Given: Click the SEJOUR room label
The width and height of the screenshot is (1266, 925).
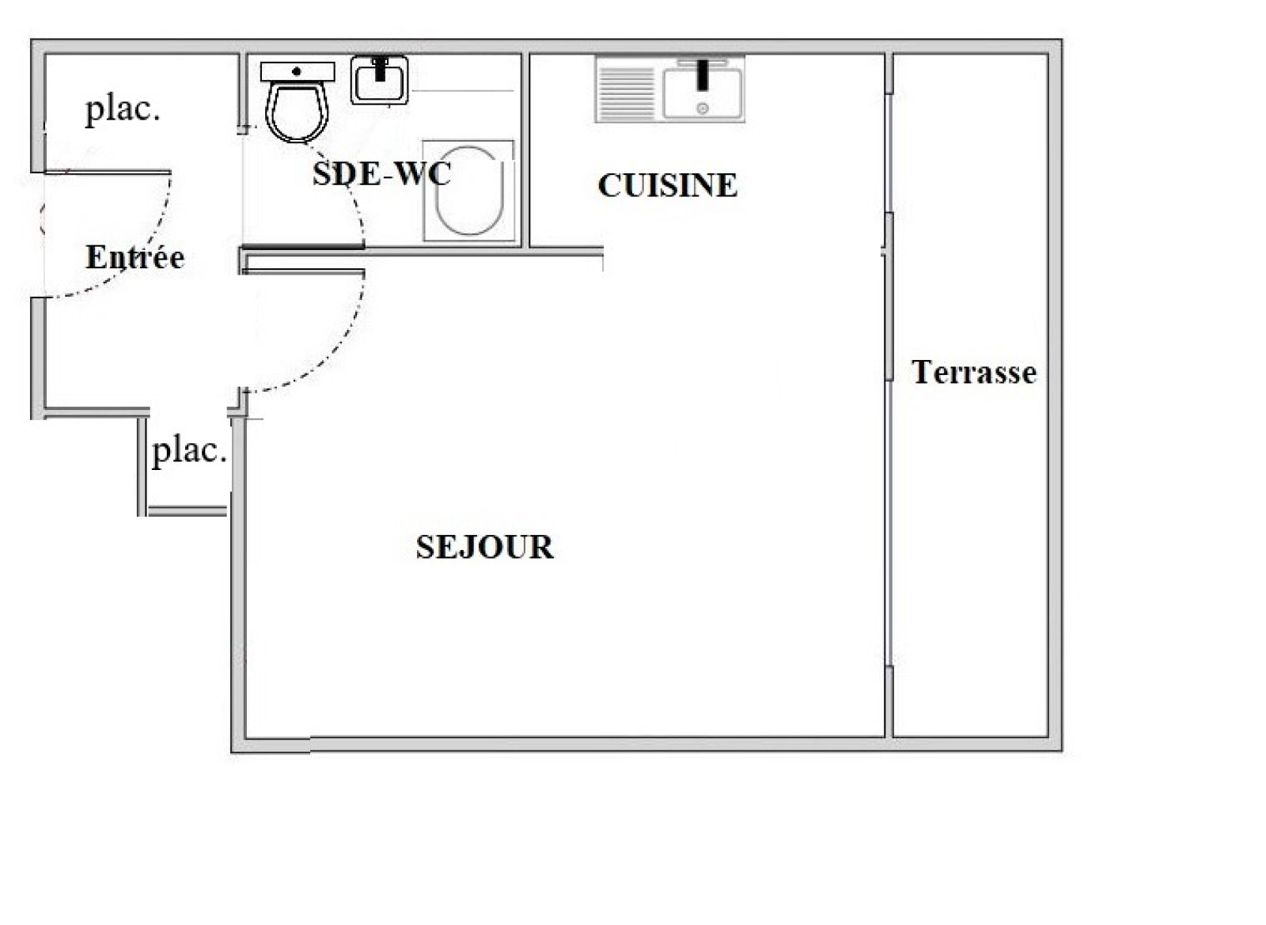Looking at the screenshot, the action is (485, 547).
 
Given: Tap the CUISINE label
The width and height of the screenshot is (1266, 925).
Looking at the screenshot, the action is (668, 185).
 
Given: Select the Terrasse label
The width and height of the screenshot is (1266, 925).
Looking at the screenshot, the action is (974, 373).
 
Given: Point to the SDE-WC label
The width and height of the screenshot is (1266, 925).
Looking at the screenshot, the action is (381, 173).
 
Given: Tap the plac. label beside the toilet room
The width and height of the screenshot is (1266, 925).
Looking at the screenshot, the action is (123, 110).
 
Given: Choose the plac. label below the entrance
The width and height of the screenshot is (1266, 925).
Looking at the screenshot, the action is (190, 452).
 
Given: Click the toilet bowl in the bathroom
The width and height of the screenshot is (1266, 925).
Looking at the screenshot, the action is (297, 113).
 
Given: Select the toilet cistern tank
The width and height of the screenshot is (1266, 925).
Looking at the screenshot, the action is (298, 72).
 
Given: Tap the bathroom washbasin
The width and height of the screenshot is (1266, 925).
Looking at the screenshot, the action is (379, 80).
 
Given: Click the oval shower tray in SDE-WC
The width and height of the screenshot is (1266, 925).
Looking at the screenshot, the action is (469, 191).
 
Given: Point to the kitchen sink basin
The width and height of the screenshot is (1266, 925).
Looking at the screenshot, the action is (703, 93).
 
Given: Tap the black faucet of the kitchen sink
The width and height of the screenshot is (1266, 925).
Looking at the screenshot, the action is (703, 74).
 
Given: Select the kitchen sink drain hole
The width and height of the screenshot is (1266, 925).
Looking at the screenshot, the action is (703, 108).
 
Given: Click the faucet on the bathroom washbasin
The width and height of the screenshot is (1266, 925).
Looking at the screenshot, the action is (380, 68).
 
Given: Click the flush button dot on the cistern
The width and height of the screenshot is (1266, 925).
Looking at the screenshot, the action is (297, 72).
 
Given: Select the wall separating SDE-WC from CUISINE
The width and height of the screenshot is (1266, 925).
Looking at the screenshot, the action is (525, 150).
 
